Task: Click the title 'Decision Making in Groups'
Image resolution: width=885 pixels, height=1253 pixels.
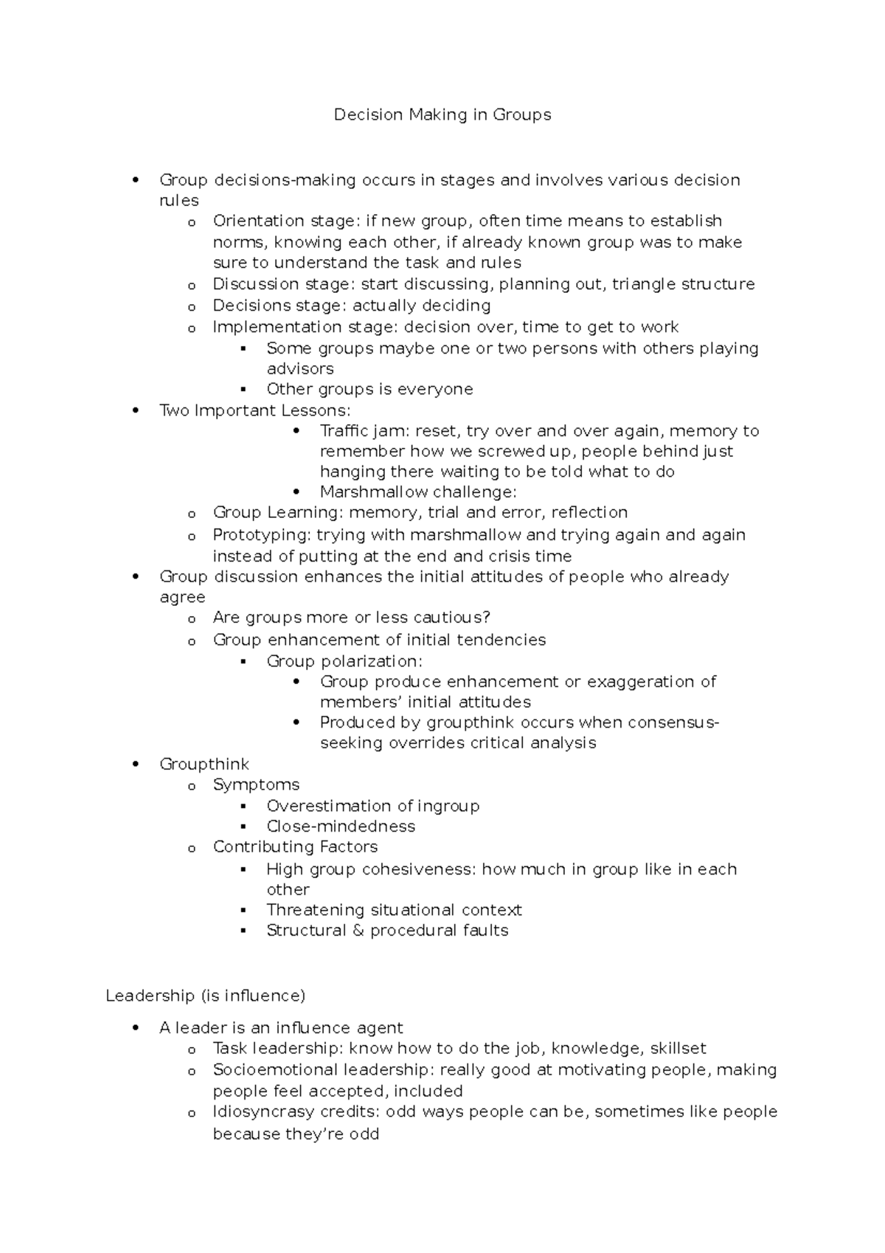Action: (442, 115)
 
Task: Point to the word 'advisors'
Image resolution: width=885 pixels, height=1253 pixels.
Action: (300, 369)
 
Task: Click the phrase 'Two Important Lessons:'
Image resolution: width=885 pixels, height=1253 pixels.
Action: (255, 410)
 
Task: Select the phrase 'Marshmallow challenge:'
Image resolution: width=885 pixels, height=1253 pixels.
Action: (418, 492)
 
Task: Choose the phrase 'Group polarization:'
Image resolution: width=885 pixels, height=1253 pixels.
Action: (344, 661)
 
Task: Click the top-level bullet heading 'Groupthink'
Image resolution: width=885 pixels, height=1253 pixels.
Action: (204, 764)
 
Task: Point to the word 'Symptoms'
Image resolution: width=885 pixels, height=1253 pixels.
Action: (256, 785)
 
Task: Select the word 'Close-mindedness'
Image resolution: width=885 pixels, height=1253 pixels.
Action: (341, 826)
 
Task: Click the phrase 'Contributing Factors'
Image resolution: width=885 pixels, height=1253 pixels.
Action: (295, 847)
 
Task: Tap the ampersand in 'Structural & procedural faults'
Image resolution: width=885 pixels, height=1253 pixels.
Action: (358, 931)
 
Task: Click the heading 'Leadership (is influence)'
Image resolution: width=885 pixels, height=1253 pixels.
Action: (205, 996)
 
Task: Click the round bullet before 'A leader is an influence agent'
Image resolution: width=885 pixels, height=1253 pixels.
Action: (135, 1028)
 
